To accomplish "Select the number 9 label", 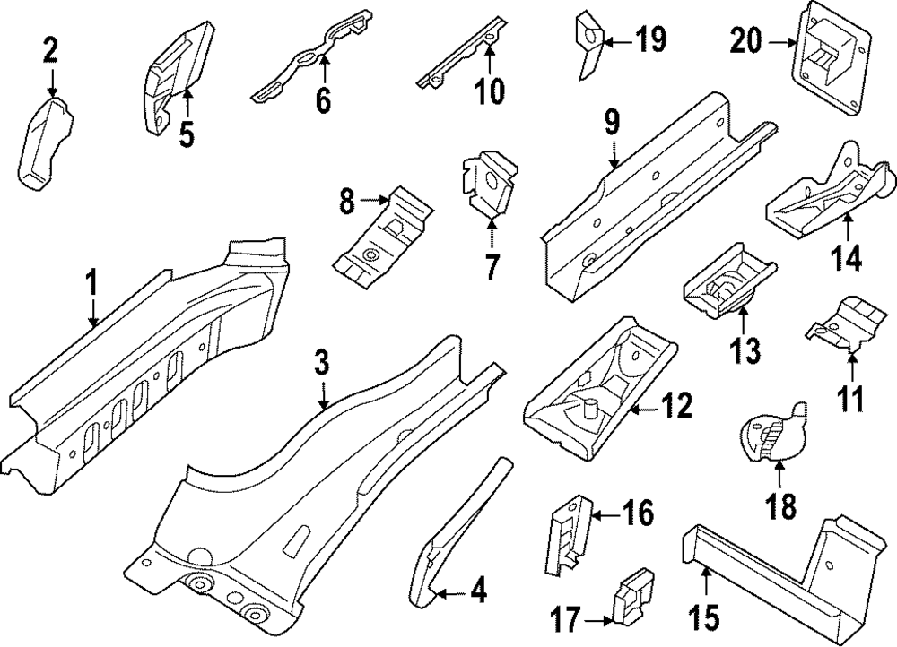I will point(612,124).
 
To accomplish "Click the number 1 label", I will point(91,284).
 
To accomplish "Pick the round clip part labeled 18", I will point(771,434).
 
